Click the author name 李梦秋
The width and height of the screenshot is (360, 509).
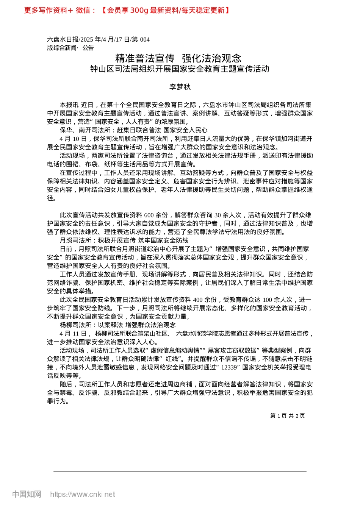[x=180, y=87]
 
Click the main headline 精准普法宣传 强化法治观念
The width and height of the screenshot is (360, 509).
[x=178, y=58]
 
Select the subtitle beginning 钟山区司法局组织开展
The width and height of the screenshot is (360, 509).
[x=180, y=69]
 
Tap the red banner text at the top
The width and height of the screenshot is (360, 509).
[x=127, y=10]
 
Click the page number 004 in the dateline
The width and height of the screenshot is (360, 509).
[x=145, y=39]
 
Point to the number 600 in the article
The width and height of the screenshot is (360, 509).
[x=149, y=215]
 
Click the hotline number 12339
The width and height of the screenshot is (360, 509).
[x=230, y=367]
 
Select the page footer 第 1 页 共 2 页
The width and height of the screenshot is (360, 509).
[x=287, y=415]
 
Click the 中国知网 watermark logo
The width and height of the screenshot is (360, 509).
[x=27, y=494]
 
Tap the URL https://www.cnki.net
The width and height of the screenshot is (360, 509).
[x=83, y=494]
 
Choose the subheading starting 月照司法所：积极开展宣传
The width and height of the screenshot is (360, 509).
[x=124, y=240]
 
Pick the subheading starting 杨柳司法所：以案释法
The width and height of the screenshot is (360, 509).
[x=117, y=325]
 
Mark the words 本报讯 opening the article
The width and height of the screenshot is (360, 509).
[x=69, y=105]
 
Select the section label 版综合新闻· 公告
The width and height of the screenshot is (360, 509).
[x=70, y=48]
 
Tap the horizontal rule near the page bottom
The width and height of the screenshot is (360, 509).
[x=180, y=472]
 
